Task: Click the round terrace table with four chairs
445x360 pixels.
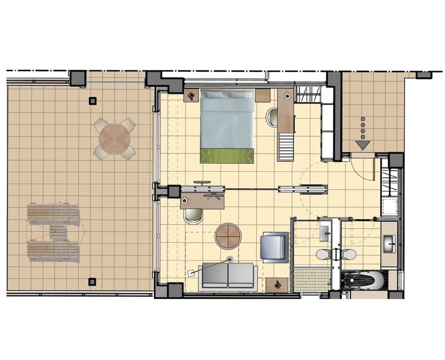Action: [x=115, y=138]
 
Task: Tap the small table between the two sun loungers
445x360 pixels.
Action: [x=57, y=232]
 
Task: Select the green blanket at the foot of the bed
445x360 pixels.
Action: [x=227, y=156]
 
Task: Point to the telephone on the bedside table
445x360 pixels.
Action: [x=192, y=95]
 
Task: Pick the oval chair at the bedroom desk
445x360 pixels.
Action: [x=272, y=117]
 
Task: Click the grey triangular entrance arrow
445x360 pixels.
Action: [x=363, y=145]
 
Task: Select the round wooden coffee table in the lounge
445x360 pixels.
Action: [x=228, y=236]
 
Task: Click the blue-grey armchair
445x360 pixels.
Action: [x=274, y=247]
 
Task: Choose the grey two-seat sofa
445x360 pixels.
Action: [x=228, y=275]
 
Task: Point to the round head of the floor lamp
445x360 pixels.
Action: [x=230, y=259]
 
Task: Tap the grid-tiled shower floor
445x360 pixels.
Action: [x=312, y=279]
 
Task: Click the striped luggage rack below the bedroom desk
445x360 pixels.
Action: [x=286, y=146]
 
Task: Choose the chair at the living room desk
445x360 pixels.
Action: [x=193, y=216]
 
